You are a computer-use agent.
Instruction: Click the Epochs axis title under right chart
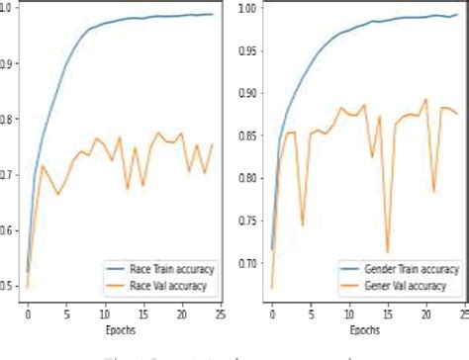coord(364,329)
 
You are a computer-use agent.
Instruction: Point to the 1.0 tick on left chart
coord(8,8)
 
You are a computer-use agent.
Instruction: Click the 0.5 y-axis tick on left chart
coord(8,287)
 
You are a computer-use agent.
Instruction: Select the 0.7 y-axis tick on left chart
coord(8,175)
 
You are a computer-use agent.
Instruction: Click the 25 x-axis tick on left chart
coord(220,314)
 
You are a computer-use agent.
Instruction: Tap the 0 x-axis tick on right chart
coord(272,314)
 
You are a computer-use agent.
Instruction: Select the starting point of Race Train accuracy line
coord(28,272)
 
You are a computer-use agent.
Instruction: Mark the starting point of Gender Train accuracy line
coord(272,249)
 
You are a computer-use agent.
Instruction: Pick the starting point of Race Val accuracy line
coord(28,288)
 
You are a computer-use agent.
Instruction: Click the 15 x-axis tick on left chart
coord(142,314)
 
